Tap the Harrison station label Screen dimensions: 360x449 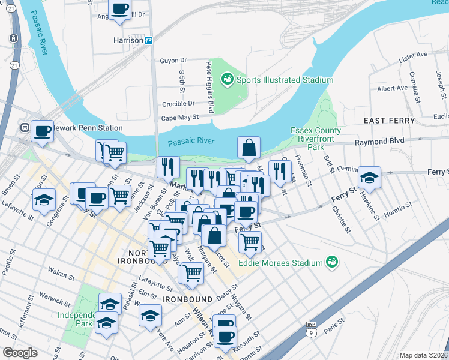(x=127, y=40)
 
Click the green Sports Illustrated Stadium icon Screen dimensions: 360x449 (x=228, y=79)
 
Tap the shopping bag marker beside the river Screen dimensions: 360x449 (x=249, y=148)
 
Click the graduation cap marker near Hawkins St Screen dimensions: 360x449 (x=370, y=178)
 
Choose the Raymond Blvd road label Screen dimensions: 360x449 (x=379, y=142)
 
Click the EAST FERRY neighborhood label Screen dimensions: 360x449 (x=389, y=121)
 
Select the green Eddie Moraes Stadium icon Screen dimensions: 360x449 (x=330, y=262)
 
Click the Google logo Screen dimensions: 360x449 (x=20, y=353)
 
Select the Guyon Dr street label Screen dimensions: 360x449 (x=173, y=61)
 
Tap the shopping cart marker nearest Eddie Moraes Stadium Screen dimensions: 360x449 (x=250, y=242)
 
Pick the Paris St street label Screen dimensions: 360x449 (x=329, y=330)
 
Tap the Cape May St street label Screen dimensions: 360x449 (x=179, y=118)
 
